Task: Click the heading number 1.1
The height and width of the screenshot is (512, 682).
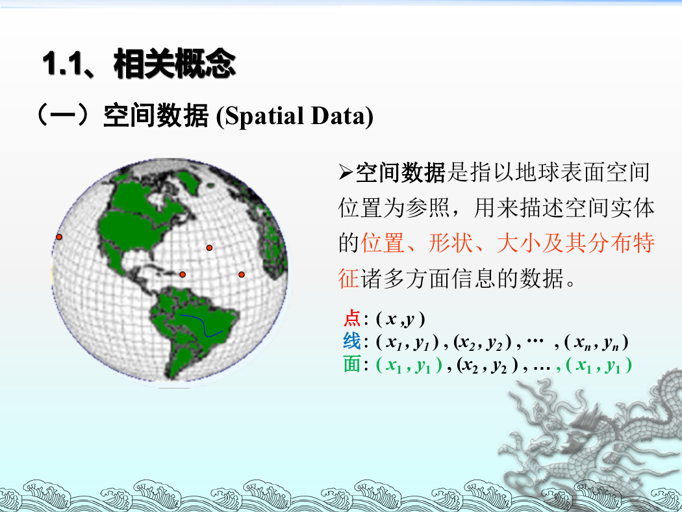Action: click(x=62, y=64)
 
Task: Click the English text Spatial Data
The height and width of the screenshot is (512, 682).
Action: click(x=295, y=116)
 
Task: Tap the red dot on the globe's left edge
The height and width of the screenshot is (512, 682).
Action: click(x=59, y=237)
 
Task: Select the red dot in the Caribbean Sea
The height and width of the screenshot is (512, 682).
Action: click(x=183, y=274)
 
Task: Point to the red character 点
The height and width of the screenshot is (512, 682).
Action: click(x=352, y=319)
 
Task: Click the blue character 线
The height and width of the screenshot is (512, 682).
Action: click(x=352, y=342)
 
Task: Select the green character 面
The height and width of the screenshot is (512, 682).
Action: click(x=352, y=364)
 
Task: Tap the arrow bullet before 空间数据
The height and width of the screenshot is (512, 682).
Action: click(x=346, y=172)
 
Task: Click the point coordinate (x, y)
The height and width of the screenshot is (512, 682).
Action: click(x=400, y=319)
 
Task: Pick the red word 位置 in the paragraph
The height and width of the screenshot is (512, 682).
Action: click(x=383, y=243)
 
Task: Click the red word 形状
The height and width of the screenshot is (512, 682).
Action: click(x=451, y=243)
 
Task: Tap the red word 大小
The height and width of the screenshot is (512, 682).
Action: click(x=518, y=243)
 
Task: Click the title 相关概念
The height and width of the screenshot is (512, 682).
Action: click(x=175, y=64)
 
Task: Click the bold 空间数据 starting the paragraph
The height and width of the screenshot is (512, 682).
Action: click(x=401, y=173)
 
